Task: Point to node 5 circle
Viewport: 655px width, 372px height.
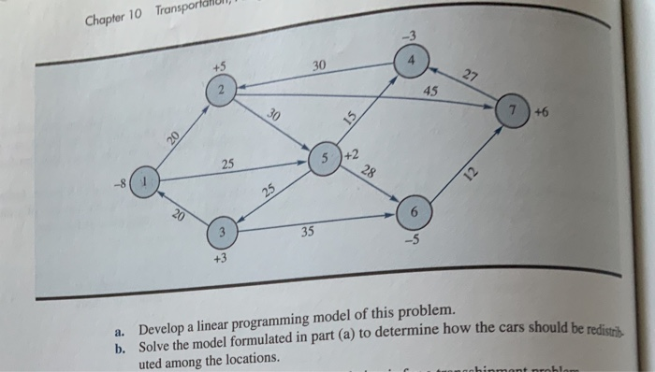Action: point(325,157)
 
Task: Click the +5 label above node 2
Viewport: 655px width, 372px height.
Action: point(217,66)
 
